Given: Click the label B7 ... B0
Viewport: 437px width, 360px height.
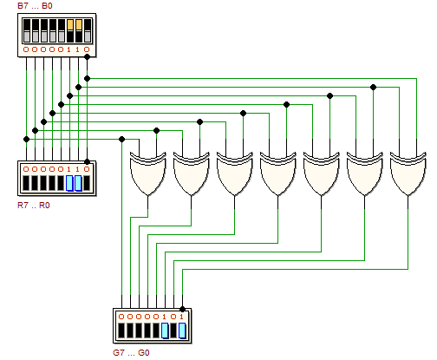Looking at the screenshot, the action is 35,6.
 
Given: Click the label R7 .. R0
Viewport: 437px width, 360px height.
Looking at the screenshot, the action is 34,206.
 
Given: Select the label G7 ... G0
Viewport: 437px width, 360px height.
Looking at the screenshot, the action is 131,353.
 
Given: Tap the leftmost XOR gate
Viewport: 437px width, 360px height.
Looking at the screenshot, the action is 148,173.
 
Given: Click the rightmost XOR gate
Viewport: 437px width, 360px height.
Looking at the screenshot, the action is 408,173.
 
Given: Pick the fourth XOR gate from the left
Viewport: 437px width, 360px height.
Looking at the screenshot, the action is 278,173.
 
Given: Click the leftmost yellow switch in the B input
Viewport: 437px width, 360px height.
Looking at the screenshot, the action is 70,24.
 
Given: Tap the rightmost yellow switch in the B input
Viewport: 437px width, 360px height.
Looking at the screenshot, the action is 79,24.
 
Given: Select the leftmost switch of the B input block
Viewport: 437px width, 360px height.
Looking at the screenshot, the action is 26,30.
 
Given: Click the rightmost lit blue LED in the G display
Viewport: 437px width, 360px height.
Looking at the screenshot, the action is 182,331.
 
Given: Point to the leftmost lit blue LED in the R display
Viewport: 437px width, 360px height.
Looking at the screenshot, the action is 69,183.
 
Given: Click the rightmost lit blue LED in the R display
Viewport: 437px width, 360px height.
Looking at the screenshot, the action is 78,183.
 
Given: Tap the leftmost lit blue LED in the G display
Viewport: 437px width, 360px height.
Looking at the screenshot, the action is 165,331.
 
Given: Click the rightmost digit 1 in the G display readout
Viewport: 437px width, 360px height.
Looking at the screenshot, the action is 181,317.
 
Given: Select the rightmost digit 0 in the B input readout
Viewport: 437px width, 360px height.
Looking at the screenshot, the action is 87,49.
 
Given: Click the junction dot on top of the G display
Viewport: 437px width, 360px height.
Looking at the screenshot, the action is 182,309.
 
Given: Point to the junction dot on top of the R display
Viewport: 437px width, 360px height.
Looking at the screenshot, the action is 87,161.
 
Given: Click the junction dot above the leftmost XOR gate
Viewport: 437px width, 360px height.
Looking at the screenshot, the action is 156,131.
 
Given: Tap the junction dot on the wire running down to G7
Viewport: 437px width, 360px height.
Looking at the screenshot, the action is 121,140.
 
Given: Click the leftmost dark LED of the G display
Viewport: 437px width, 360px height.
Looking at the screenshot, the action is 121,331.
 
